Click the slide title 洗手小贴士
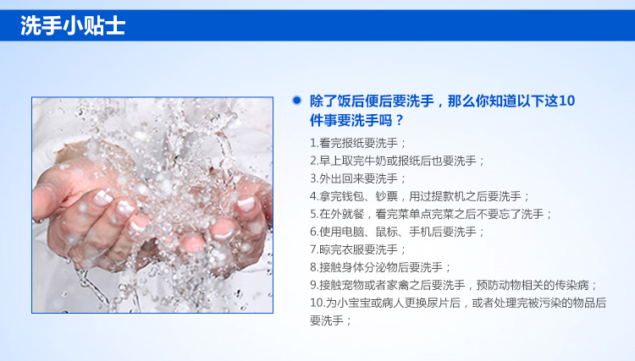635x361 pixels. (73, 25)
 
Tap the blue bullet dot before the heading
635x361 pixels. (297, 100)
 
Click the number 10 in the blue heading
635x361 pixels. (566, 101)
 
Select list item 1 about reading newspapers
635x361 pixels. (358, 143)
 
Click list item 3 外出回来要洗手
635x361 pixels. (358, 178)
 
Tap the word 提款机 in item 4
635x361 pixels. (448, 196)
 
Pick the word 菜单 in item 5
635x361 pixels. (410, 214)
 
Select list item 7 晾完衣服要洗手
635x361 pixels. (358, 250)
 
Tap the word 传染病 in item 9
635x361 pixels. (571, 286)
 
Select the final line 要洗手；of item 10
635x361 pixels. (331, 321)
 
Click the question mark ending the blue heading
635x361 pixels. (400, 120)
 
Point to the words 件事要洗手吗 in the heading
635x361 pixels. (351, 120)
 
